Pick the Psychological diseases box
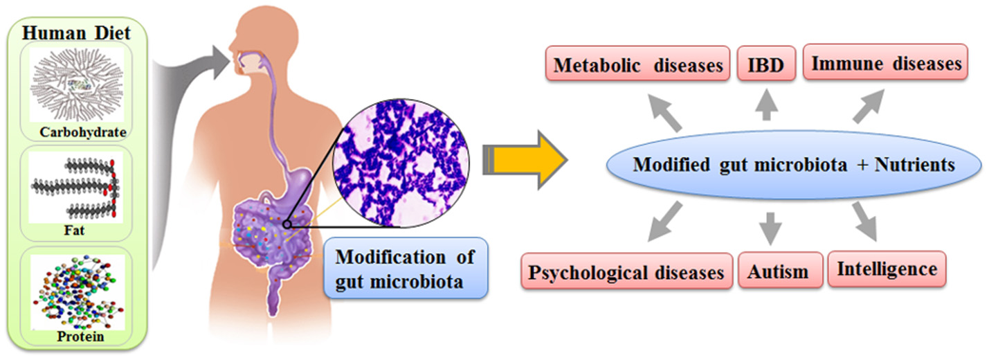click(626, 272)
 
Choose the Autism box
click(778, 271)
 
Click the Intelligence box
click(887, 269)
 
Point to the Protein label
click(80, 337)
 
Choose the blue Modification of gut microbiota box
click(405, 268)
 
